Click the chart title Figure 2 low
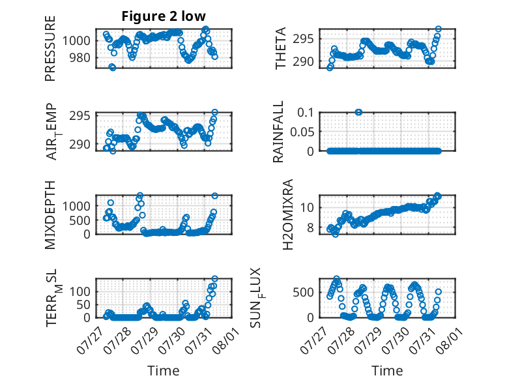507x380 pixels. [x=164, y=16]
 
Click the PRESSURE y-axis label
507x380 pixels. [x=50, y=48]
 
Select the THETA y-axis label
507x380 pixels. [x=281, y=48]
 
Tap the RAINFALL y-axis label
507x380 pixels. [x=278, y=132]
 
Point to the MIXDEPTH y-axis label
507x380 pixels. [x=50, y=215]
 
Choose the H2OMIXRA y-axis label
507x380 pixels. [x=287, y=214]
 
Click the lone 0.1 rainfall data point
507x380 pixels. [x=358, y=112]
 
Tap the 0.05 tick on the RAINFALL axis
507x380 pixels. [x=302, y=132]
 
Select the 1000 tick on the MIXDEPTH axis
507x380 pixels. [x=76, y=206]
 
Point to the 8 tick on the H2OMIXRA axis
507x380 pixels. [x=310, y=227]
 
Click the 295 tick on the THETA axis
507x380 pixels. [x=303, y=39]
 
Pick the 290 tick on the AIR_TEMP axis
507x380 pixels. [x=80, y=144]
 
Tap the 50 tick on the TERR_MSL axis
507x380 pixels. [x=83, y=304]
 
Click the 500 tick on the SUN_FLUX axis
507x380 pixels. [x=303, y=293]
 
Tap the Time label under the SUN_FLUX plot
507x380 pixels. [x=387, y=370]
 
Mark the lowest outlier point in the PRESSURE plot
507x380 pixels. [x=112, y=67]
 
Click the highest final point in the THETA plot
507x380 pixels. [x=439, y=29]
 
